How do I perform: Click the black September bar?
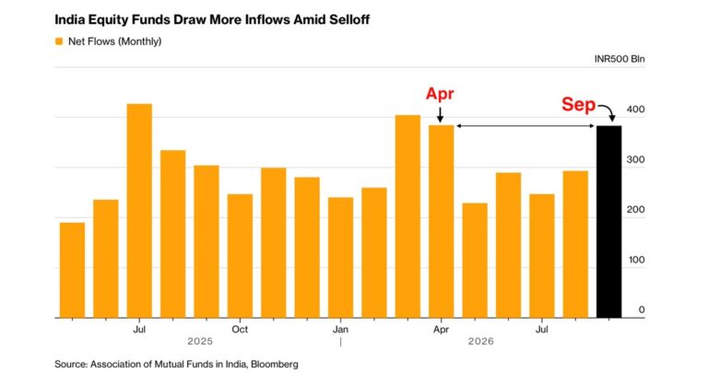608,222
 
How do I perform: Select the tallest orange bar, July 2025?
139,211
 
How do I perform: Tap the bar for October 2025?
240,256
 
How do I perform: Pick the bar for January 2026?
340,258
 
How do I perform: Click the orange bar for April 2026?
442,221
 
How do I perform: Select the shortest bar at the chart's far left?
72,270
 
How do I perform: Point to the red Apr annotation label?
440,94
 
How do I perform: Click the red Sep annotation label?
578,105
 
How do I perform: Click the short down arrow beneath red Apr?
441,114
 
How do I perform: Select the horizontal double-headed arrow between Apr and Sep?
525,126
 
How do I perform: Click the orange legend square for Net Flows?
59,41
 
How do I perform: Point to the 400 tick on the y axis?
636,110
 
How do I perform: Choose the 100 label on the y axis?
636,260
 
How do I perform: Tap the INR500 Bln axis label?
619,59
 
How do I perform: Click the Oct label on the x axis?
240,329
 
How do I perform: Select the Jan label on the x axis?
340,329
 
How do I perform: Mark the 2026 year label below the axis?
481,342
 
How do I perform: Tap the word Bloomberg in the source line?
275,364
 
